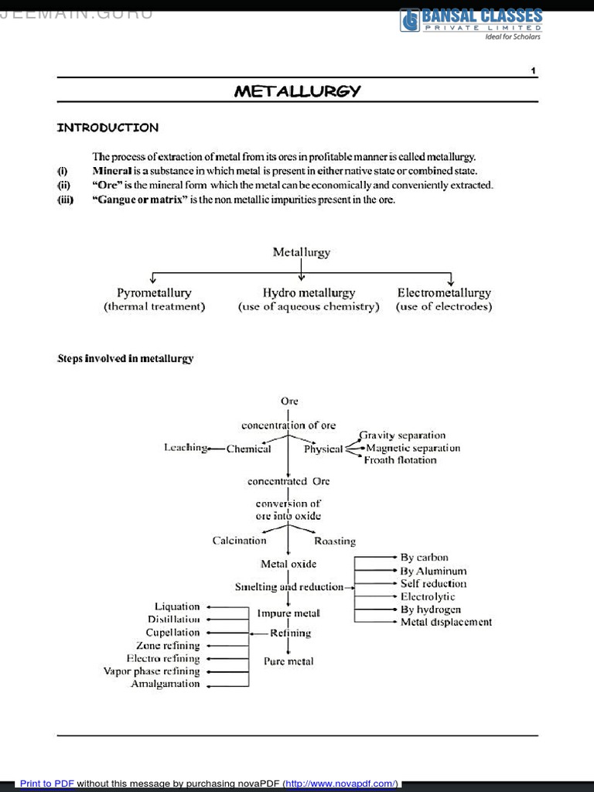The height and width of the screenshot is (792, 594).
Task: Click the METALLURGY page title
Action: point(297,91)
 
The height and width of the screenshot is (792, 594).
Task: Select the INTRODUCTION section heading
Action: point(108,128)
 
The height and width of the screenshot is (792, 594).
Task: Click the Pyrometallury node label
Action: point(154,293)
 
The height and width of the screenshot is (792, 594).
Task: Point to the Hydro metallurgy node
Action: point(309,293)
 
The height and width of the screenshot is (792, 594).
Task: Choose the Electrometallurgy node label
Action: point(444,293)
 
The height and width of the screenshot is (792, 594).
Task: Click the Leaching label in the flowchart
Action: point(186,448)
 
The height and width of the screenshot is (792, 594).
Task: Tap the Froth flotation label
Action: point(400,460)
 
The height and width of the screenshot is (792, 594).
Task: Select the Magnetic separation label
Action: point(413,448)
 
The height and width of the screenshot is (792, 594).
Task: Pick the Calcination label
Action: point(239,541)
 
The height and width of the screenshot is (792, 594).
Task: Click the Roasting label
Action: point(335,541)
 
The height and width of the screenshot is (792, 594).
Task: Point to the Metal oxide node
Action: point(288,564)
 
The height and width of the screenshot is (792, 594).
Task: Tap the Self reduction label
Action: point(433,584)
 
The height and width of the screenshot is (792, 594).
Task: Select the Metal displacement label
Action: point(445,622)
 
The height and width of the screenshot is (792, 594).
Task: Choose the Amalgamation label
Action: point(165,684)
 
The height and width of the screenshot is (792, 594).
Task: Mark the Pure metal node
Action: point(288,662)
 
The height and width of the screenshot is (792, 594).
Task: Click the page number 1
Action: point(533,71)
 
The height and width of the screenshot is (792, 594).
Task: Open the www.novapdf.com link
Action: point(341,783)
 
